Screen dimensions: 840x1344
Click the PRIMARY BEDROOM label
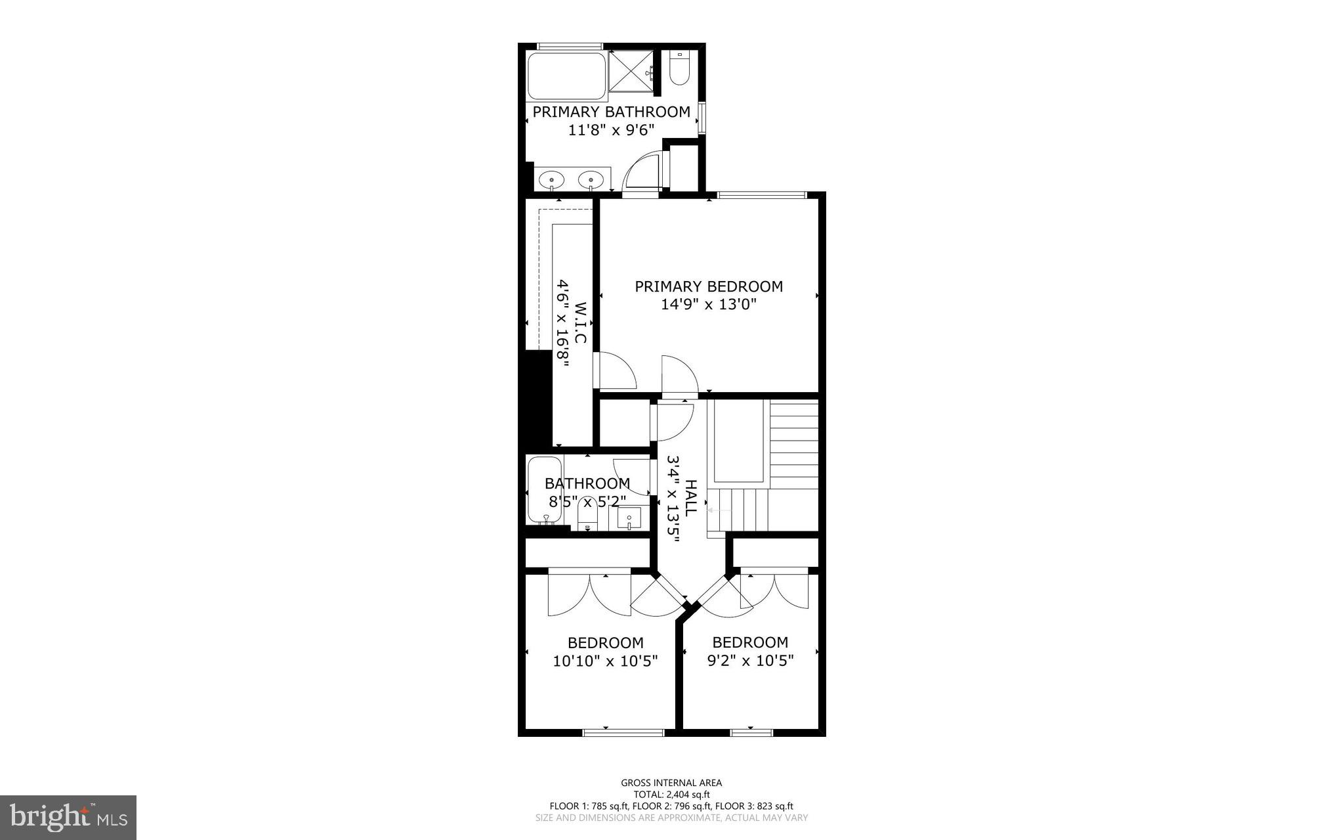click(708, 286)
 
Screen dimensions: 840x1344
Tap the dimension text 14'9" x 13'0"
click(708, 305)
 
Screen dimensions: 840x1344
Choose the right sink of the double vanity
click(591, 179)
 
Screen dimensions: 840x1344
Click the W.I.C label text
click(580, 322)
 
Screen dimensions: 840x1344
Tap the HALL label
click(690, 497)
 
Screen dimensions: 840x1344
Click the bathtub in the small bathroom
click(544, 491)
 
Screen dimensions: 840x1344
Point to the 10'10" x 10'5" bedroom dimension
click(605, 661)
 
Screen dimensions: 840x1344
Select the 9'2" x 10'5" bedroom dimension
click(750, 661)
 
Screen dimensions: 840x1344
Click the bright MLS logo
click(68, 817)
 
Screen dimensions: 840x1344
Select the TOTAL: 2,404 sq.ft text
click(671, 794)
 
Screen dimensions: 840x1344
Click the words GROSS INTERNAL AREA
click(671, 782)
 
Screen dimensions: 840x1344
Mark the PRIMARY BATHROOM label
click(611, 112)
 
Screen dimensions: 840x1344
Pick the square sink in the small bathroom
click(629, 519)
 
